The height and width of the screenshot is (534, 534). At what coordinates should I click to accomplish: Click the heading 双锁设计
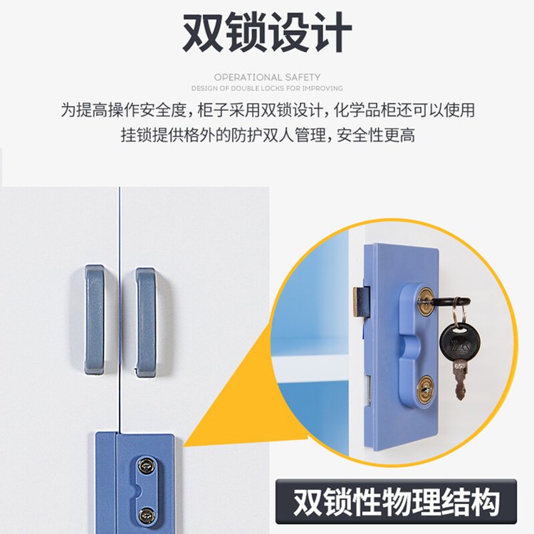point(267,32)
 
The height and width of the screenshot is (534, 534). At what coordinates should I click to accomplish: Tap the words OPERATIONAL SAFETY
point(267,77)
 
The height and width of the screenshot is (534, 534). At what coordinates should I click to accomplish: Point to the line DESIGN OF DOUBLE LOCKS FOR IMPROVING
point(267,88)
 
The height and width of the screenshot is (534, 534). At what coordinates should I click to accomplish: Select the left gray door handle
point(94,320)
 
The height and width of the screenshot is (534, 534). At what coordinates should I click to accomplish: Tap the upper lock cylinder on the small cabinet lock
point(147,466)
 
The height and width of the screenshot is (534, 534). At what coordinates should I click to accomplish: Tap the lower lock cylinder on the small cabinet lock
point(147,513)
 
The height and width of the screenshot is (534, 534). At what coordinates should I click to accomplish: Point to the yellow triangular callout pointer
point(235,413)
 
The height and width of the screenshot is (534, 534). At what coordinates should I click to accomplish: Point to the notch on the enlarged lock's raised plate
point(409,347)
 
